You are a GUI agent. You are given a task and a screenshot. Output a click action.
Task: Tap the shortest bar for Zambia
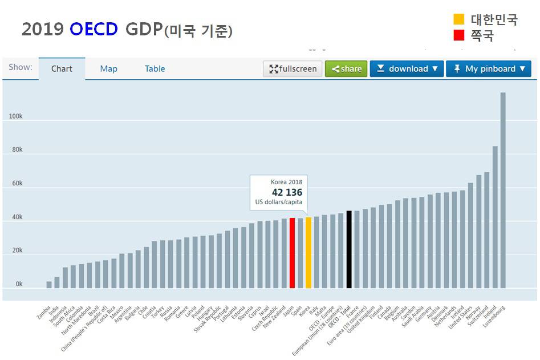pos(49,285)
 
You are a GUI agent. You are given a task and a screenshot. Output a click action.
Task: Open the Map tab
pos(108,69)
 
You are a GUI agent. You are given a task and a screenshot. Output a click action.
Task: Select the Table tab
pos(155,69)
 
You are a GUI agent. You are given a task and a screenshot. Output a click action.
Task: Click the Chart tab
pos(62,69)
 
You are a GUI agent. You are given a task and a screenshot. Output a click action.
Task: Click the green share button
pos(346,69)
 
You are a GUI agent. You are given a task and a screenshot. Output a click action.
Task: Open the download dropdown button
pos(407,69)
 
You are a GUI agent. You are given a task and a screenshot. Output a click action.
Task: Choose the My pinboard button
pos(488,69)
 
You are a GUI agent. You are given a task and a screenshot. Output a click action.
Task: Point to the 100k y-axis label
pos(15,116)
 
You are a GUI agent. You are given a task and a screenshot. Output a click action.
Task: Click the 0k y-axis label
pos(19,284)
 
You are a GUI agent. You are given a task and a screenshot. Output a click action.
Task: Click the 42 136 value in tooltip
pos(287,193)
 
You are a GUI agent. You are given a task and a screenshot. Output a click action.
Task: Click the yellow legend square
pos(459,19)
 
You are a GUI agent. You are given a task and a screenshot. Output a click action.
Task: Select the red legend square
pos(459,35)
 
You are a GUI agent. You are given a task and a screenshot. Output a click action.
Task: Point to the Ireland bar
pos(495,217)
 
